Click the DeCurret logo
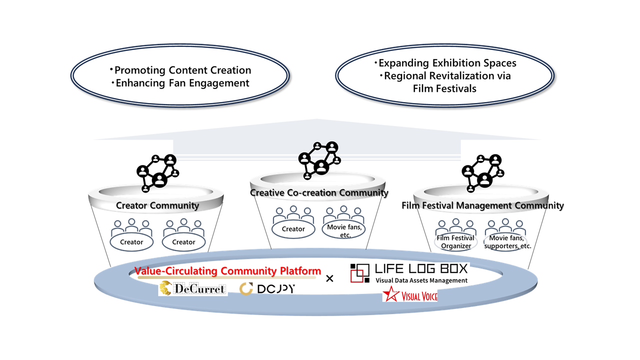click(193, 288)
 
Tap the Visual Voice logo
click(410, 295)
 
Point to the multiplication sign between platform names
click(329, 278)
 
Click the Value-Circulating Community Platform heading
click(227, 271)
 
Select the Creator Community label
click(157, 205)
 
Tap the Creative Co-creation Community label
click(319, 192)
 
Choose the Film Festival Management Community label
click(482, 205)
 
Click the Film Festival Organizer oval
click(455, 242)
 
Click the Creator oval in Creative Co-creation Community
click(293, 229)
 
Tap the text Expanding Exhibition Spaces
click(445, 63)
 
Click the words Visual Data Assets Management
click(421, 280)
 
